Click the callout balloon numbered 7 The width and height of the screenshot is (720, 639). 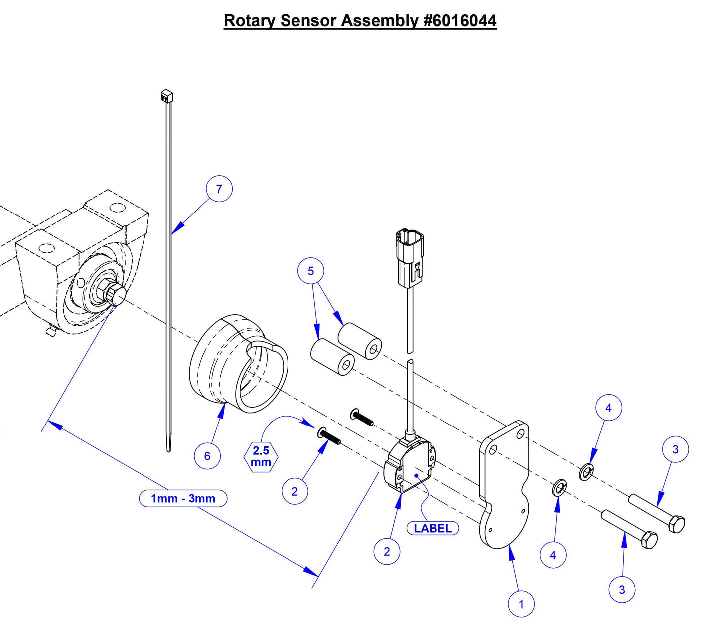coord(219,189)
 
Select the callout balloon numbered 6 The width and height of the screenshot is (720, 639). coord(207,456)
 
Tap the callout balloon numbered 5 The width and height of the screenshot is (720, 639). coord(311,271)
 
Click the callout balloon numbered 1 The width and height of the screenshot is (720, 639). coord(521,604)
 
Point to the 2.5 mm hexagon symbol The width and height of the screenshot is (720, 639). coord(261,456)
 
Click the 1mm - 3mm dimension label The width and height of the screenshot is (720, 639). coord(183,498)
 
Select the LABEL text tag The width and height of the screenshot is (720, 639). coord(432,528)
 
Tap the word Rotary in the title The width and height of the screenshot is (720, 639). coord(250,21)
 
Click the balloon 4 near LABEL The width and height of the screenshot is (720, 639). coord(553,555)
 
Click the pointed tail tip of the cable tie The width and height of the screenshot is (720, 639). coord(168,450)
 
